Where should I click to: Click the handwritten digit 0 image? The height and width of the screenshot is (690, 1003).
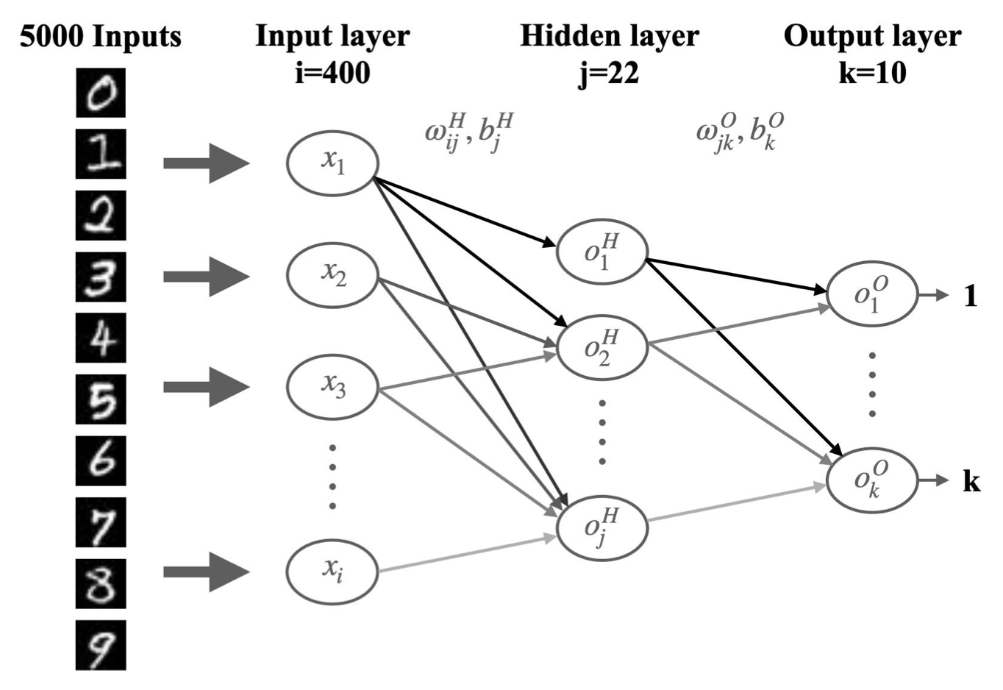pos(101,93)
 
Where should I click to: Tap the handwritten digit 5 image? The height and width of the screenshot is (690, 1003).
pos(101,399)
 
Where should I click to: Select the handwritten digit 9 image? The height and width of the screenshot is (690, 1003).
pos(101,645)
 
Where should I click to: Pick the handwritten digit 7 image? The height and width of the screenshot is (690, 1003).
pos(101,522)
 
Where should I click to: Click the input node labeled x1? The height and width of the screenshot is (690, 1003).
pos(332,163)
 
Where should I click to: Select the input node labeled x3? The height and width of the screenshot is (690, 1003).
pos(332,385)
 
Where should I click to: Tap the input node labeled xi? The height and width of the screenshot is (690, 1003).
pos(332,570)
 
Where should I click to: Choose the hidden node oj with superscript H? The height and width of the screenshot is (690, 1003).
pos(602,527)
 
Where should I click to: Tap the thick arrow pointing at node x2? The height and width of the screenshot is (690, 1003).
pos(206,277)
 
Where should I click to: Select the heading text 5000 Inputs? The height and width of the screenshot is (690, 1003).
pos(100,36)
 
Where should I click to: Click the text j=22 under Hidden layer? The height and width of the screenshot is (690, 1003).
pos(609,73)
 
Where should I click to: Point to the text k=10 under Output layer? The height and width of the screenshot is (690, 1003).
pos(872,73)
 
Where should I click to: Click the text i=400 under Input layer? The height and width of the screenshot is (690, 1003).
pos(332,73)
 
